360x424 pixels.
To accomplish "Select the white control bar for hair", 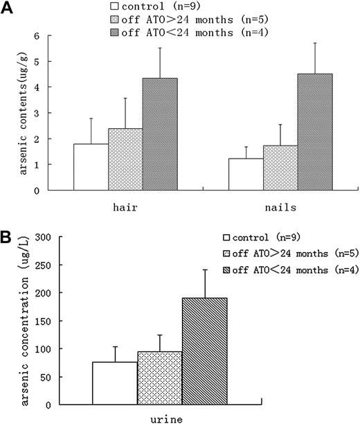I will (x=91, y=167).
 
